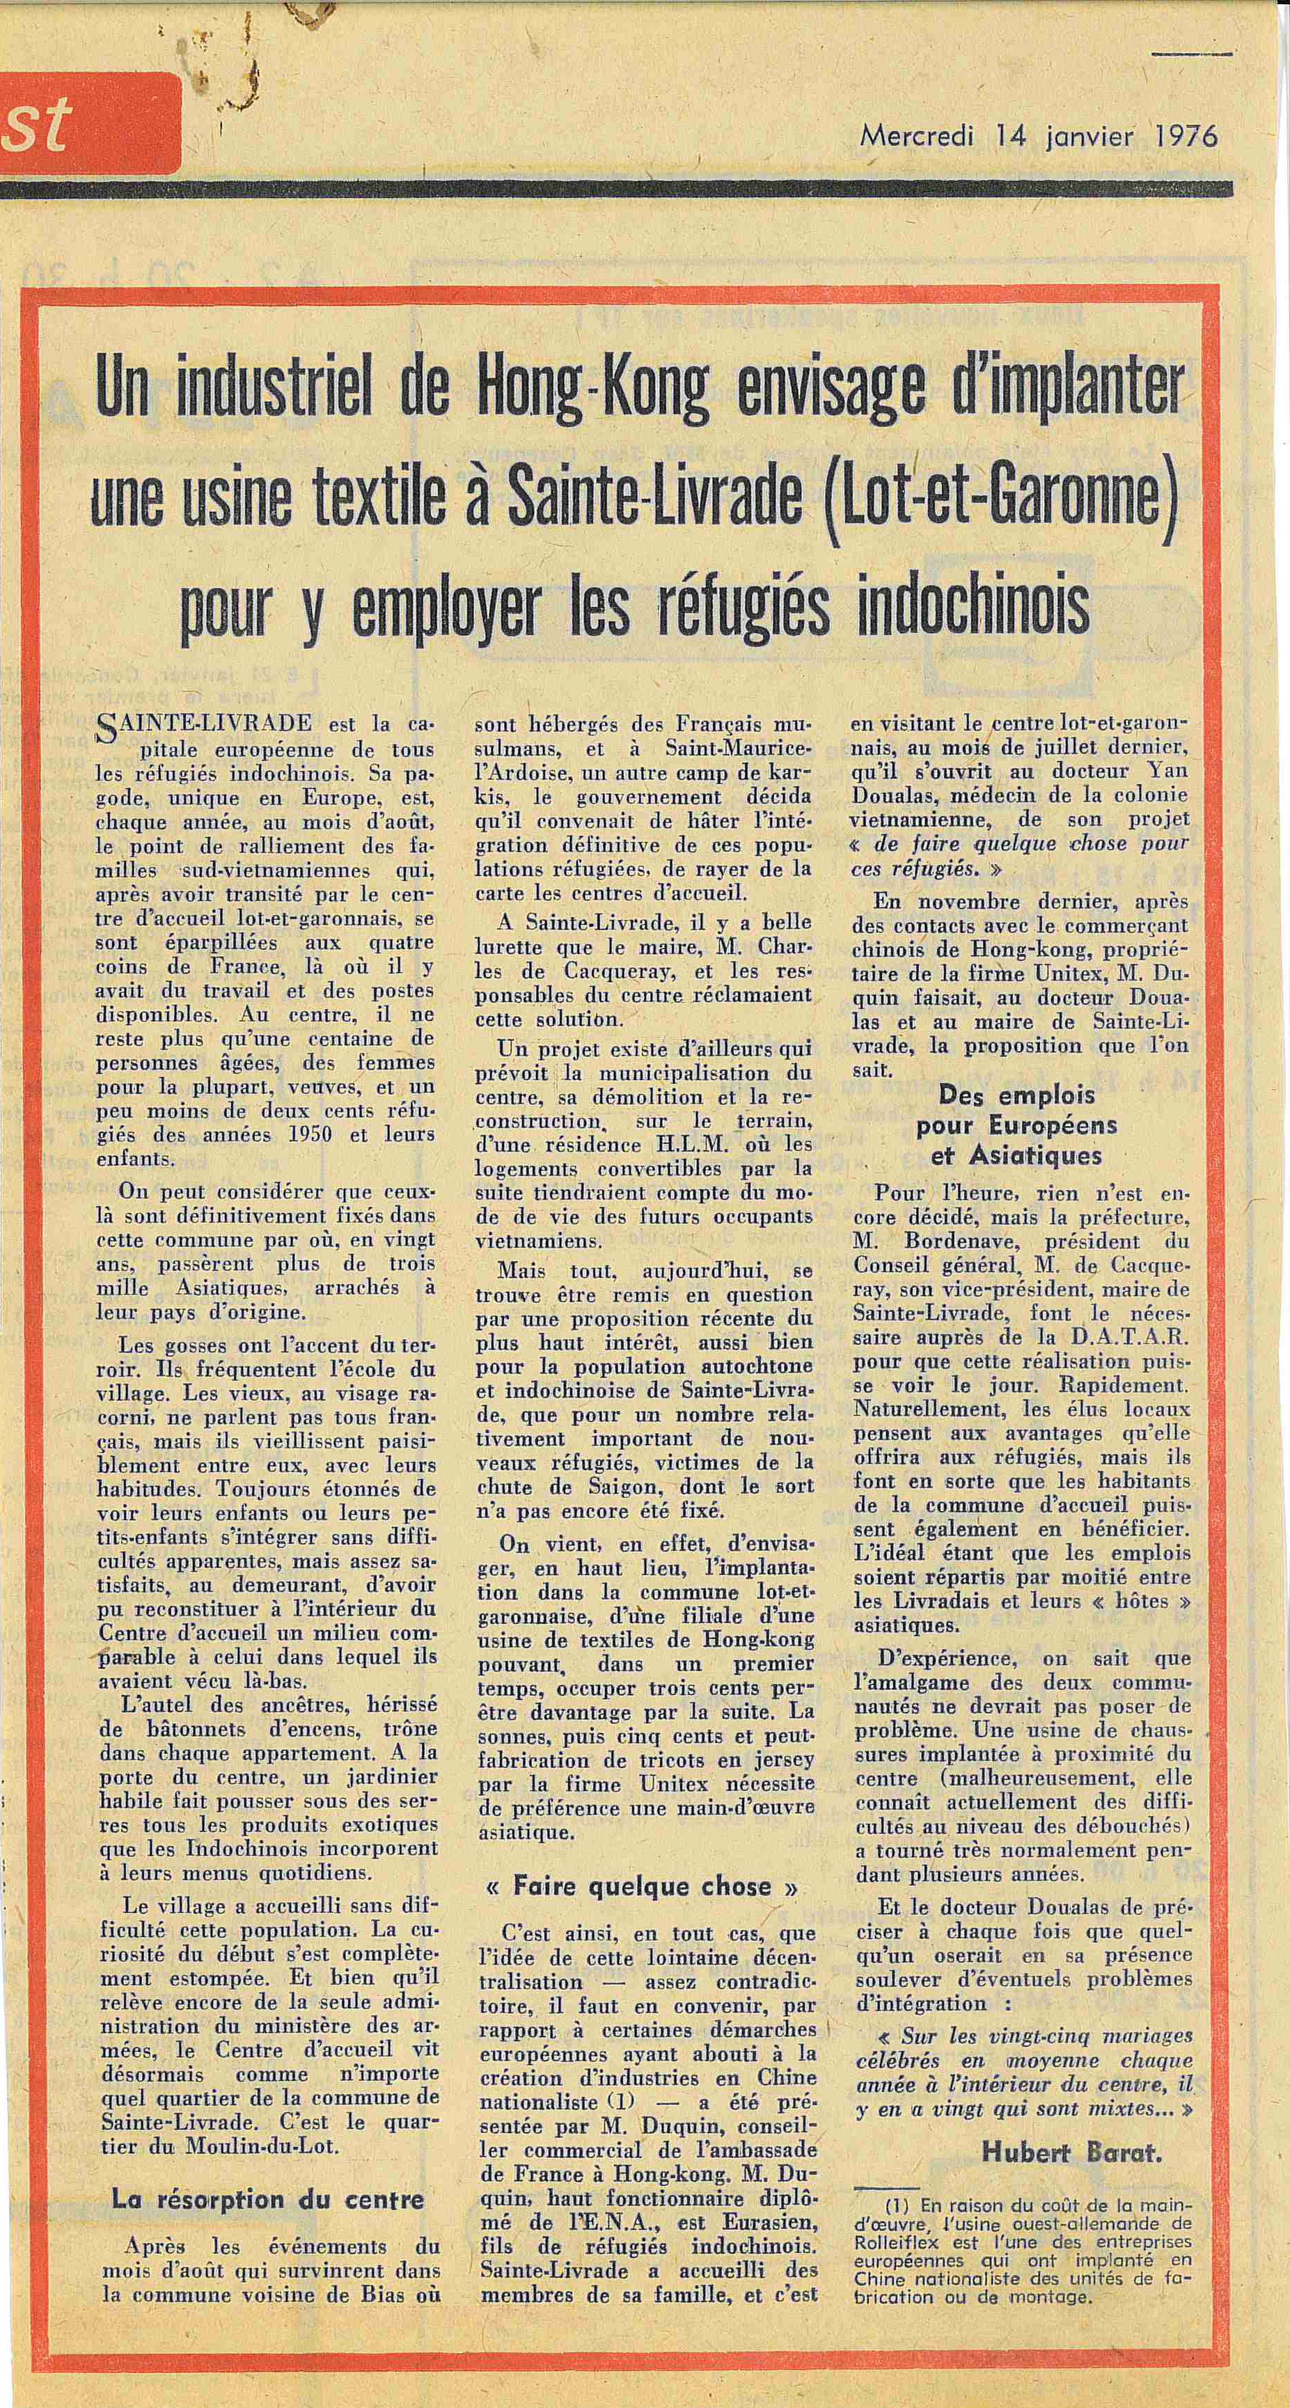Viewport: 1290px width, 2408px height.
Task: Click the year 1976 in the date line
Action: (x=1186, y=136)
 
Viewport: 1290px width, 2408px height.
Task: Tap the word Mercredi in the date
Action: (x=916, y=136)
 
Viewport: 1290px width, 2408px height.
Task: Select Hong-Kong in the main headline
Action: (x=592, y=387)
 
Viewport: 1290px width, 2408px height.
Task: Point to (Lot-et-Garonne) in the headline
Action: (x=1002, y=494)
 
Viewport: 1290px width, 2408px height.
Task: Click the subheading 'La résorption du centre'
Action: (x=267, y=2200)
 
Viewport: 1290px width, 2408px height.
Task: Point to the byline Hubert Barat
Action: (x=1071, y=2155)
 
